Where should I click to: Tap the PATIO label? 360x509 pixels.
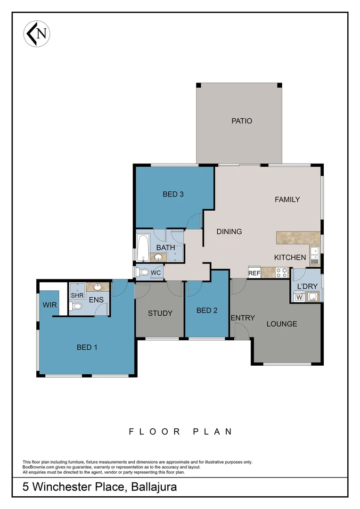pos(242,121)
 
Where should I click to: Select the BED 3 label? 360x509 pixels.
pos(173,194)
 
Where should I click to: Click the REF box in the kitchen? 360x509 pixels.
pos(254,273)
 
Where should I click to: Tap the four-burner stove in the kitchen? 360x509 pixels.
pos(282,272)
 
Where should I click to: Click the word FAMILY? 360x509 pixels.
pos(287,199)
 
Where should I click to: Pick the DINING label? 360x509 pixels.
pos(229,231)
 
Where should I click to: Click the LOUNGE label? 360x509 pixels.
pos(282,324)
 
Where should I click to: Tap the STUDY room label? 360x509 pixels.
pos(160,313)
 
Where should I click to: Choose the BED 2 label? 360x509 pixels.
pos(207,310)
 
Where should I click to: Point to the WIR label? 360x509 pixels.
pos(49,305)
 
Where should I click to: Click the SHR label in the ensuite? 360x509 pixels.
pos(76,295)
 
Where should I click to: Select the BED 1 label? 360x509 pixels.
pos(87,347)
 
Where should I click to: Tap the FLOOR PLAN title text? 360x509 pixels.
pos(180,431)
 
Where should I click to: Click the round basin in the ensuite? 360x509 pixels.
pos(98,287)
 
